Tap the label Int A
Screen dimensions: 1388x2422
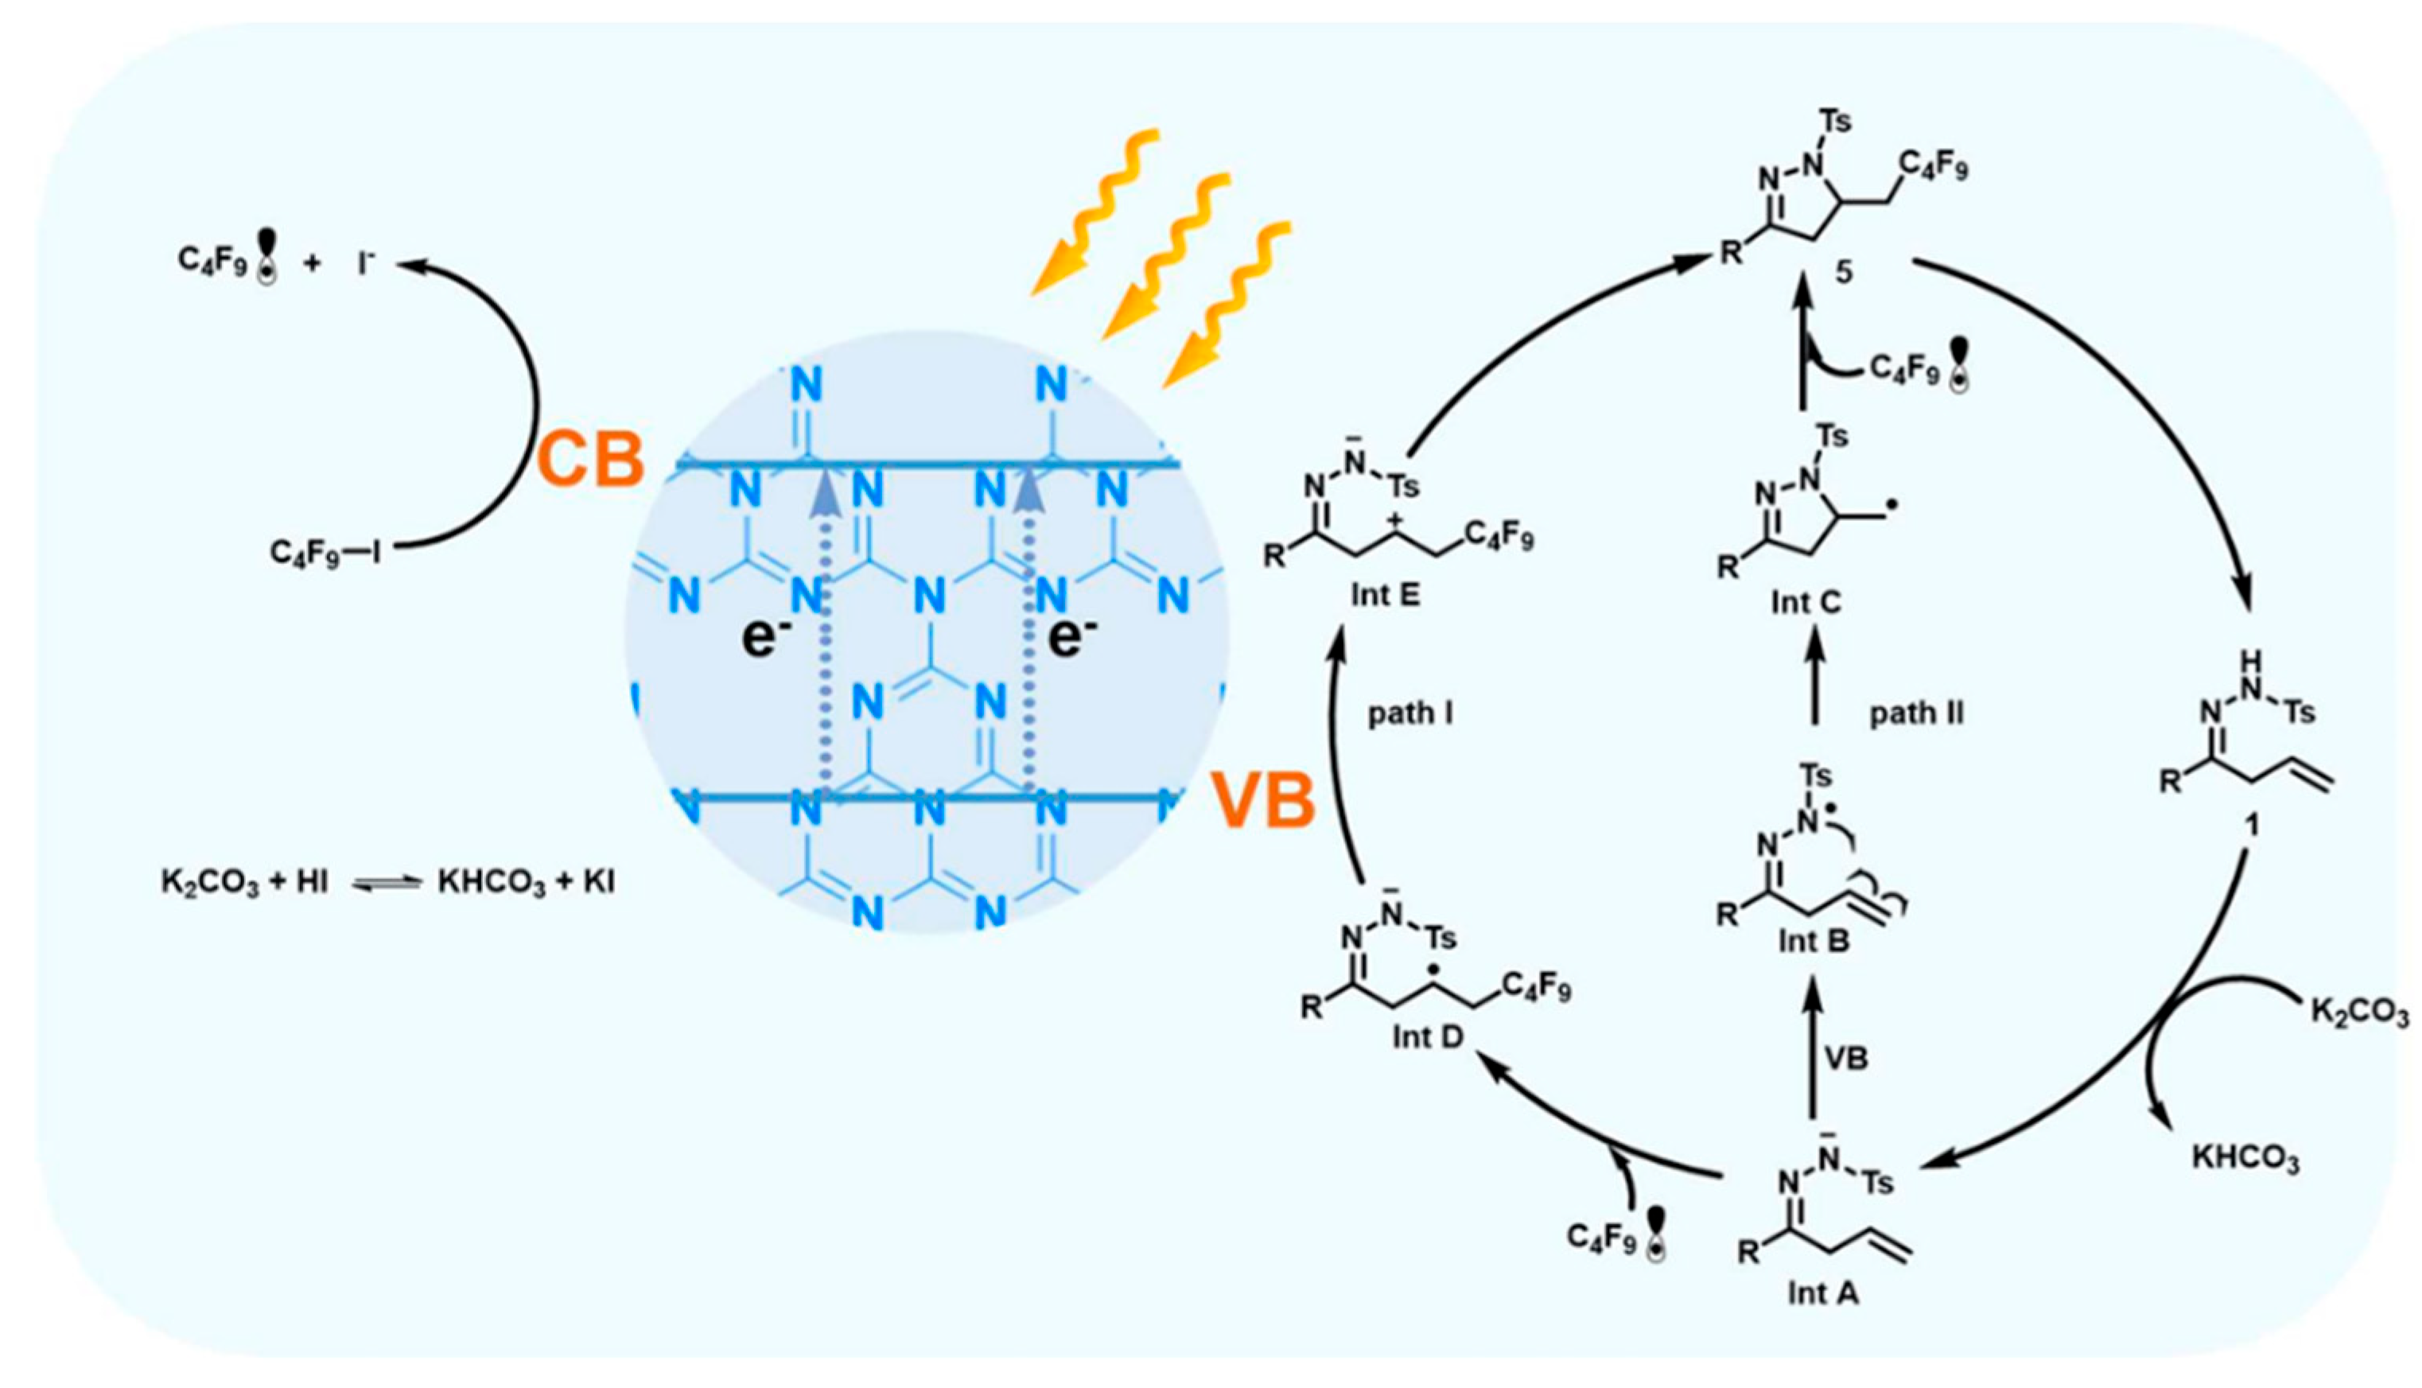[x=1821, y=1293]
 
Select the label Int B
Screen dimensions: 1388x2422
[x=1813, y=941]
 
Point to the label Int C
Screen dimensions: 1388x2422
[x=1806, y=602]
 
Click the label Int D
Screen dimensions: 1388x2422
[x=1427, y=1036]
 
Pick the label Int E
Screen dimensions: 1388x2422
[x=1385, y=595]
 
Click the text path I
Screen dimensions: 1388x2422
[x=1411, y=713]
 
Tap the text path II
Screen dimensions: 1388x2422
[x=1917, y=713]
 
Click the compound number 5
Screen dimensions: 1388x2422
[x=1845, y=273]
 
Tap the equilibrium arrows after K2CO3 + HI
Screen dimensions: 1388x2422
[x=385, y=884]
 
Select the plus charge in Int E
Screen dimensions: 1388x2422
[x=1394, y=520]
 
